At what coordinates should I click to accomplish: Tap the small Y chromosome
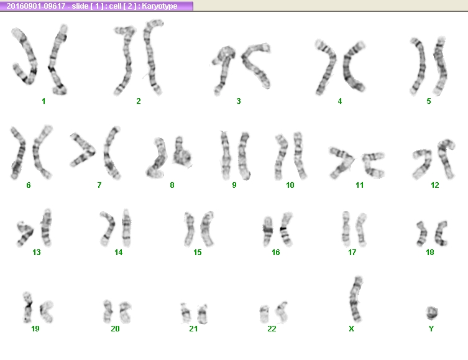[432, 313]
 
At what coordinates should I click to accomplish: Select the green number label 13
[37, 252]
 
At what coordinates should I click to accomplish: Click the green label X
[351, 329]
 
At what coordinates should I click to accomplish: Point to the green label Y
[431, 329]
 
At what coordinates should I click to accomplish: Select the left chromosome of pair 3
[223, 68]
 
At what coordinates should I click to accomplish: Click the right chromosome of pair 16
[286, 229]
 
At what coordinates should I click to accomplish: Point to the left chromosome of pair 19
[28, 308]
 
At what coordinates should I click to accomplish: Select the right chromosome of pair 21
[203, 313]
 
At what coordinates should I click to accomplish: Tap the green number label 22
[272, 329]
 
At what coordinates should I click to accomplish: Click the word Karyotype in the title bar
[159, 6]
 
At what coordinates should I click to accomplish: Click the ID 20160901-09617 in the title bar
[36, 6]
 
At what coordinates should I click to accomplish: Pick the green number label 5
[429, 101]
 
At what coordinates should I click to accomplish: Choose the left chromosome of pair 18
[422, 234]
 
